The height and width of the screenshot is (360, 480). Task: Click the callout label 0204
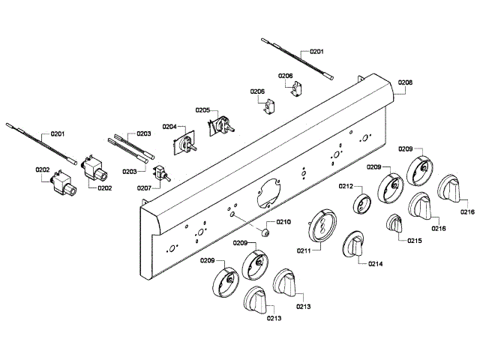point(169,127)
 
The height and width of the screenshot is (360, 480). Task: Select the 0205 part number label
point(202,110)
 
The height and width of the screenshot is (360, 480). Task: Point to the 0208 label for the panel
point(406,82)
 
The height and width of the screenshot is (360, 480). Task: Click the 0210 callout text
point(283,222)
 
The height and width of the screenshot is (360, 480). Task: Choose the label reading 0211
point(305,250)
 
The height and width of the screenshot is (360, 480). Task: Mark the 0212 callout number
point(346,186)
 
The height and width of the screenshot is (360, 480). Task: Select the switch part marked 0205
point(222,127)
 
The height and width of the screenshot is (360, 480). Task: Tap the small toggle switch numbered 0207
point(161,175)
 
